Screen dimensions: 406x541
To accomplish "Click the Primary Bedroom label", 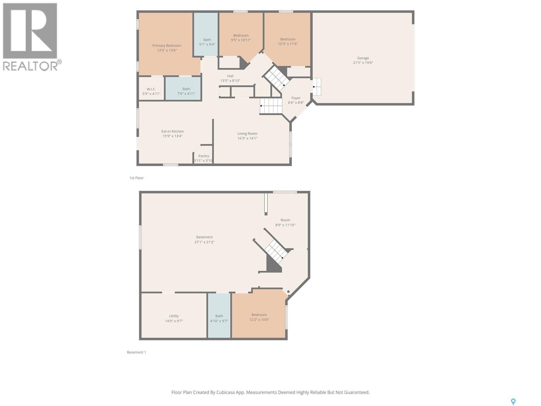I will coord(167,46).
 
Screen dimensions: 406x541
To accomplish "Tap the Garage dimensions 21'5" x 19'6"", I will coord(363,63).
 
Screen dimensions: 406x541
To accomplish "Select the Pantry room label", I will coord(204,156).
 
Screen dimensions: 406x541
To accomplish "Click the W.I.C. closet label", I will coord(151,89).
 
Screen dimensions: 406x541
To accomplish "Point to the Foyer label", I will coord(296,98).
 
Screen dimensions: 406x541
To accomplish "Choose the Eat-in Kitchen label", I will coord(172,131).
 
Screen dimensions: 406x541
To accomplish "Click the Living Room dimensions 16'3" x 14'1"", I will coord(247,138).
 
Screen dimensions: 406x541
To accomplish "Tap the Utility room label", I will coord(174,316).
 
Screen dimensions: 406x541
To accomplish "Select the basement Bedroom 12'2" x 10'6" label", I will coord(259,315).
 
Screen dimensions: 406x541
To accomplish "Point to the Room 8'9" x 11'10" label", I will coord(285,220).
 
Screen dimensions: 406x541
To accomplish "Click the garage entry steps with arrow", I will coord(316,87).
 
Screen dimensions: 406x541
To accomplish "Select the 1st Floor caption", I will coord(137,178).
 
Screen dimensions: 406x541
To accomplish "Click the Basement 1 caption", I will coord(136,352).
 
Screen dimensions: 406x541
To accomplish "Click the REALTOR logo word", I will coord(30,66).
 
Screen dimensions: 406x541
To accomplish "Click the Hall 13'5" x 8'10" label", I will coord(230,76).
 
